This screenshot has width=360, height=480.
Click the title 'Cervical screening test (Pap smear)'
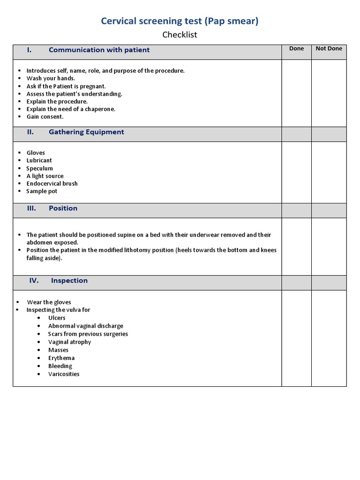[180, 21]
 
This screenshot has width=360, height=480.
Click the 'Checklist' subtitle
[180, 35]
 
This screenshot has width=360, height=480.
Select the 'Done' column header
[296, 49]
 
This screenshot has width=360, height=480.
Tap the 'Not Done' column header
[329, 49]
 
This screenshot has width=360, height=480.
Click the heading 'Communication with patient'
[99, 50]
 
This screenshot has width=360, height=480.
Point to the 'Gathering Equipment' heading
[86, 132]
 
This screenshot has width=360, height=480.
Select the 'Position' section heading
[63, 209]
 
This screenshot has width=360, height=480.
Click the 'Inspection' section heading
[69, 281]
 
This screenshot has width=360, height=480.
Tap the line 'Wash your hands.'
[51, 78]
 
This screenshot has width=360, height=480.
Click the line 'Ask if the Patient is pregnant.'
[66, 86]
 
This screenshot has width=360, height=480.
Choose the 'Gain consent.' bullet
[45, 117]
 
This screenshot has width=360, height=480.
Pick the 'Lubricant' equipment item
[39, 160]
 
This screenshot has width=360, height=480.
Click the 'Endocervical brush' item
[52, 184]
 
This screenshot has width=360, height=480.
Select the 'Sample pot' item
[42, 191]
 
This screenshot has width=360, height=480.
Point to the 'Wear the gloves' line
[49, 302]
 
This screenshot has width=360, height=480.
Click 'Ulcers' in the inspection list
[57, 318]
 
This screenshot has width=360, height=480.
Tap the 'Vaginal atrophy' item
[69, 342]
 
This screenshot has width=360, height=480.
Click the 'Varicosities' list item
[64, 374]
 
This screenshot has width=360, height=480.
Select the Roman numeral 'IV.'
[34, 281]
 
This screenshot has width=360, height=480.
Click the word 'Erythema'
[61, 358]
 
